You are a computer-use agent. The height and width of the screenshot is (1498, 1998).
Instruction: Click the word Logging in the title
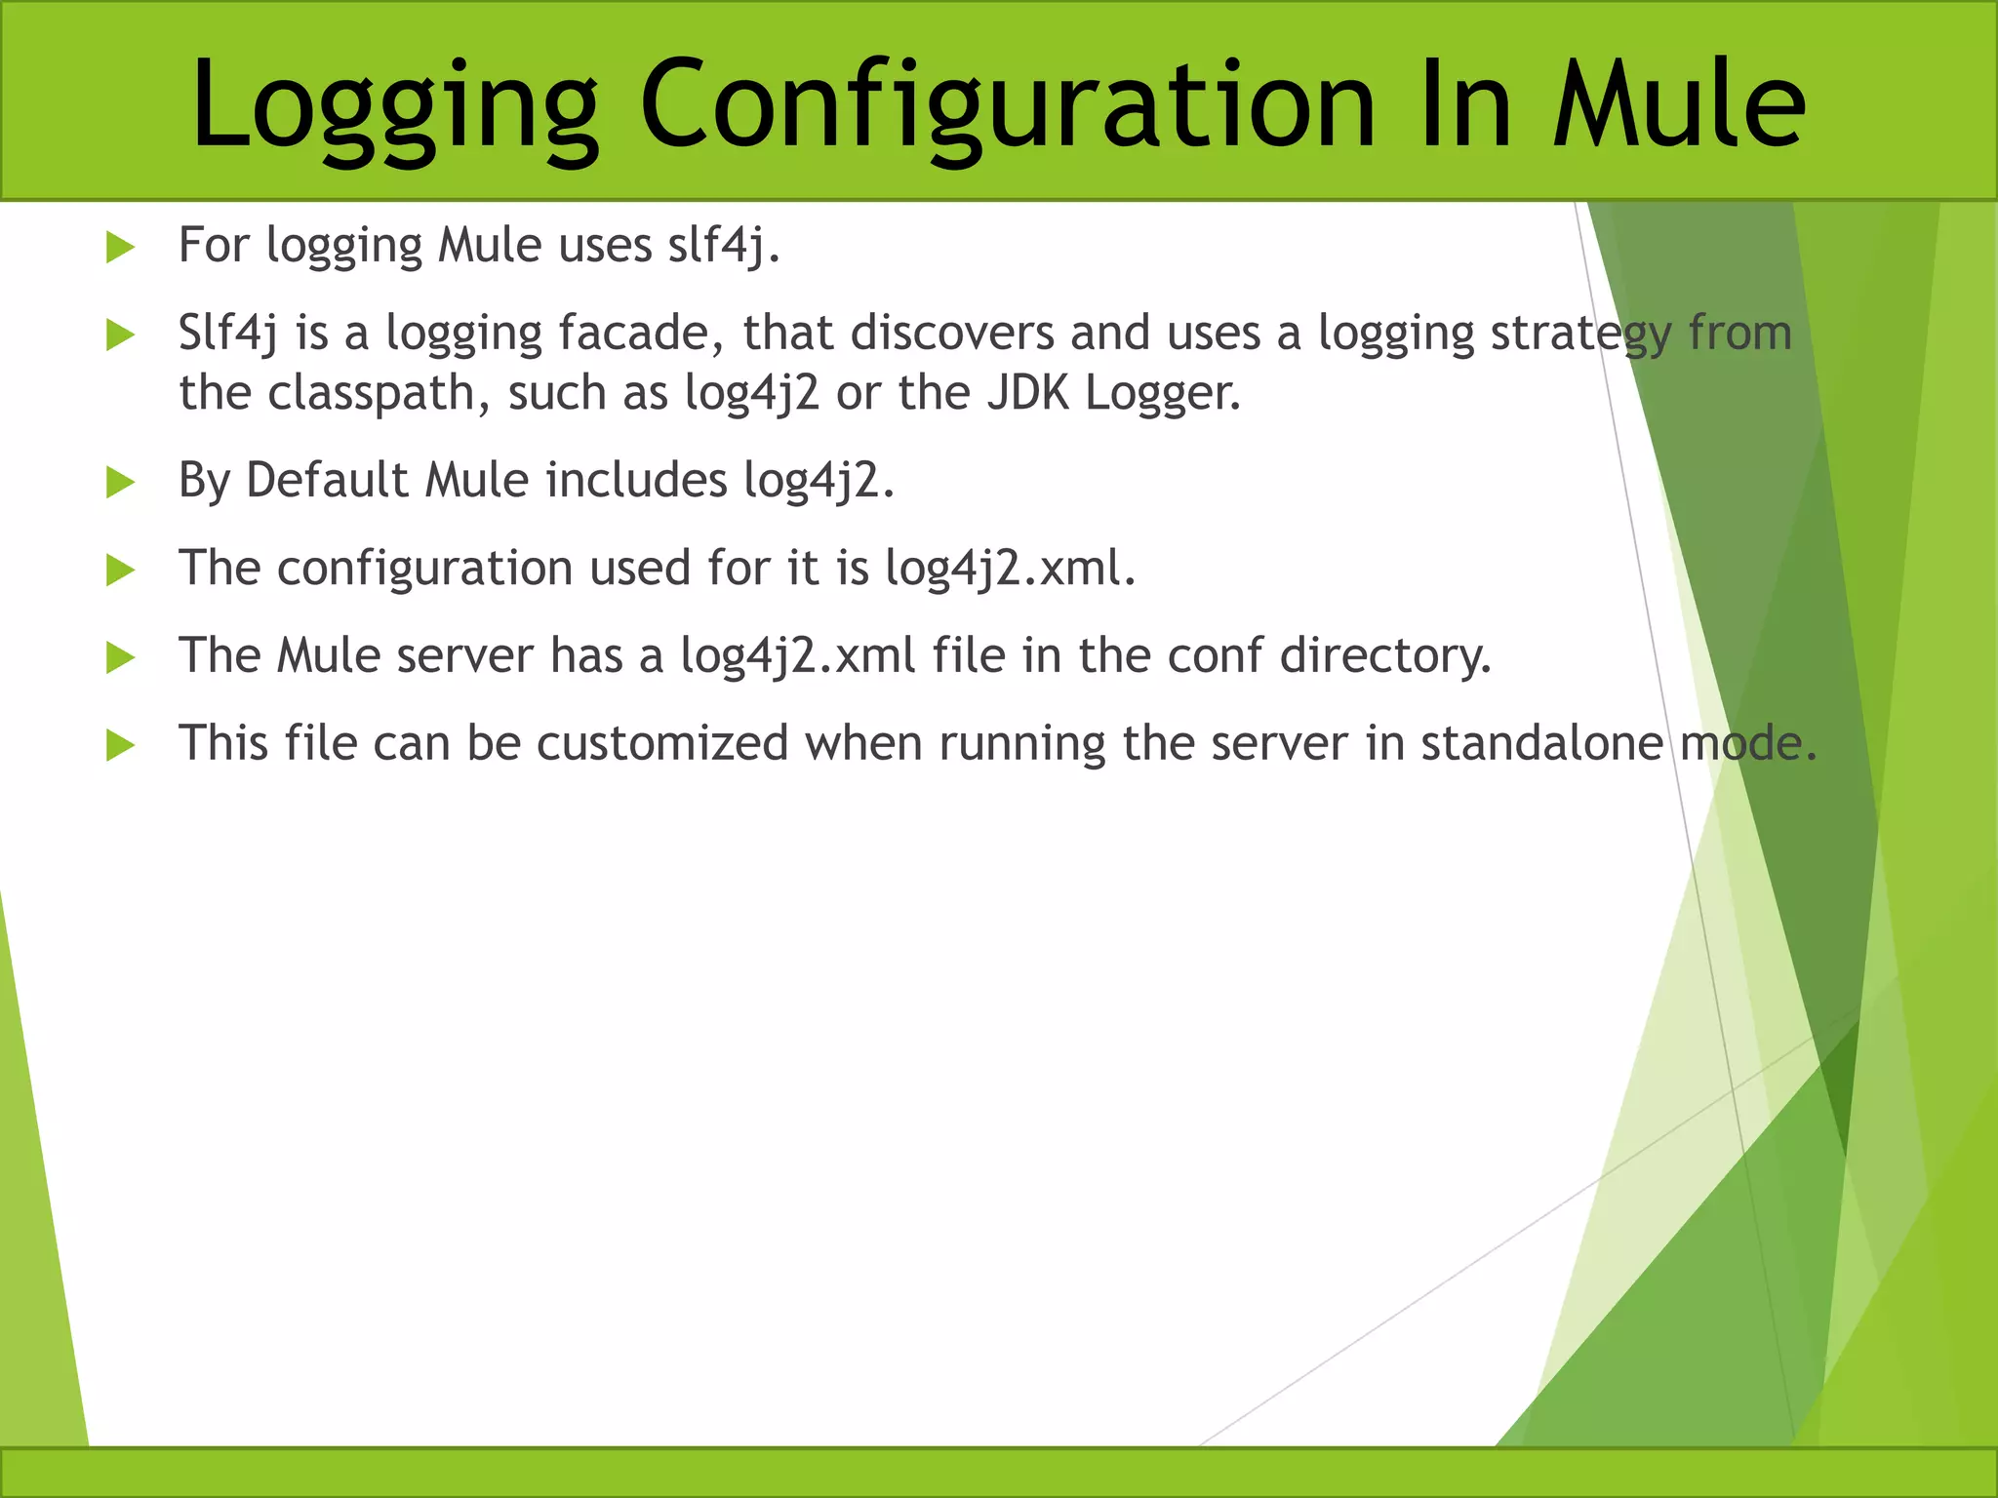[394, 105]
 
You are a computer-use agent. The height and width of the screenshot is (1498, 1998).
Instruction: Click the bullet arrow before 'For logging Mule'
[120, 247]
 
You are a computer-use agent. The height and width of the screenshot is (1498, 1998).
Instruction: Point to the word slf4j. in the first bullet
[724, 245]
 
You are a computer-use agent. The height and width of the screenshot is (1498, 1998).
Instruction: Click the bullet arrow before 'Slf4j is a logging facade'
[120, 335]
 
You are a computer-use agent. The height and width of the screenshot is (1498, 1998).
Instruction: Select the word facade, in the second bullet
[641, 333]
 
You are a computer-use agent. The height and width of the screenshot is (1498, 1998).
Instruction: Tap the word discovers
[952, 333]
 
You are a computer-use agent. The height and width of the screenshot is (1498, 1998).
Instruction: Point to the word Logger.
[1163, 393]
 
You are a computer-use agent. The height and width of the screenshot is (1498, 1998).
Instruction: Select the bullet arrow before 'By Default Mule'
[120, 482]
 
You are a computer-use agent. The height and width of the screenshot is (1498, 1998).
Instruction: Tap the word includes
[636, 480]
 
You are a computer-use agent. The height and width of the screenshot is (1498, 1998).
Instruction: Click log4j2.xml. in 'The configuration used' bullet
[1010, 569]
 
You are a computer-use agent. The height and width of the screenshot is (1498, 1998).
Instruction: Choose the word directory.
[1385, 656]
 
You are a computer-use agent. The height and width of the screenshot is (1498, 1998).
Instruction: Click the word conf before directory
[1215, 656]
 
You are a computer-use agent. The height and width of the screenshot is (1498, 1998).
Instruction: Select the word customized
[662, 744]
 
